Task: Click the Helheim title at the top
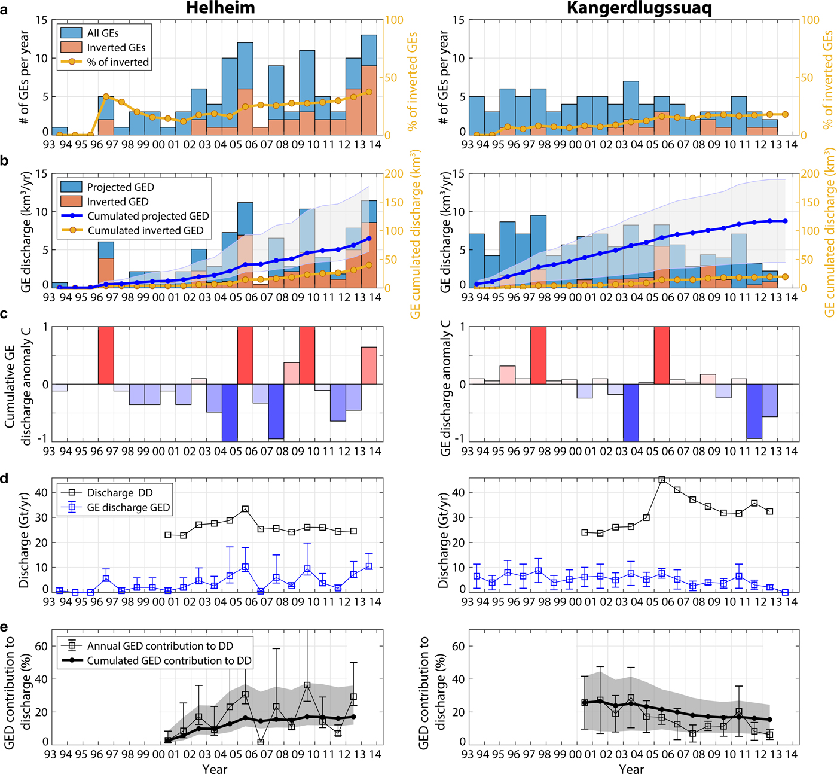(220, 8)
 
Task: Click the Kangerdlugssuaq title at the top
(639, 8)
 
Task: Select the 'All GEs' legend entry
(103, 33)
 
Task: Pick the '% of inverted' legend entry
(118, 62)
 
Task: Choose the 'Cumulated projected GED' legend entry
(148, 216)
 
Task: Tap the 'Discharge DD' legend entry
(120, 493)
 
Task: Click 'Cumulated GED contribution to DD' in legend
(169, 660)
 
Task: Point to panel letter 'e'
(5, 627)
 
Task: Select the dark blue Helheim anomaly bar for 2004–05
(230, 413)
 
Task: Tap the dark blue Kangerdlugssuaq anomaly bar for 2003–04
(631, 413)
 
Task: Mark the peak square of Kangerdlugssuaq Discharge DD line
(662, 480)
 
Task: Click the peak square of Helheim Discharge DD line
(245, 509)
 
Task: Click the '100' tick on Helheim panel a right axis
(393, 20)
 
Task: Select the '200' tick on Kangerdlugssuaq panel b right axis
(810, 174)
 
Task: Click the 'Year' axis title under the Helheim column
(215, 769)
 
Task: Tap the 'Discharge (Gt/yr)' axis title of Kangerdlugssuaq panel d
(443, 540)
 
